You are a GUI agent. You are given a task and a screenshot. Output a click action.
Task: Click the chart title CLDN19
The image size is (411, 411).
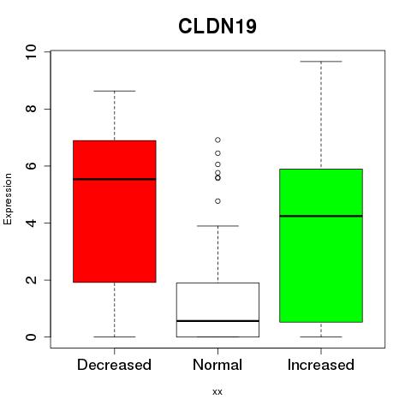(x=217, y=27)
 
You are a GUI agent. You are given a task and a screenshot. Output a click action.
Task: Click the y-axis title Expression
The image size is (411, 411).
(x=8, y=200)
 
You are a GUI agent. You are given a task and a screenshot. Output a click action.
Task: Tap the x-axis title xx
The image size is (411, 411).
(x=217, y=391)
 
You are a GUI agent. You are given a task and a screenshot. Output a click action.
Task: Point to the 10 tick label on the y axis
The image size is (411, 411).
(x=31, y=52)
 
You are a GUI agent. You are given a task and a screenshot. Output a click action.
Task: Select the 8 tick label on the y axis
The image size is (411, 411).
(x=31, y=109)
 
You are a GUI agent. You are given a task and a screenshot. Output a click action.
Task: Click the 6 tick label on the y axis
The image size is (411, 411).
(x=31, y=166)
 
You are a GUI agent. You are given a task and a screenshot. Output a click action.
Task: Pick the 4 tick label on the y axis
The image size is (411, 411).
(x=31, y=223)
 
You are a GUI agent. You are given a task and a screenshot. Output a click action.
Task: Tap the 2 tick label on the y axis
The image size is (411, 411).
(x=31, y=280)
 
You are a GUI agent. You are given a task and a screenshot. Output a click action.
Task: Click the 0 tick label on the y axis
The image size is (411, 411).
(x=31, y=337)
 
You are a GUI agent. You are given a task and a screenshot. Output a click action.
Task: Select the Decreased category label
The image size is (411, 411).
(x=114, y=365)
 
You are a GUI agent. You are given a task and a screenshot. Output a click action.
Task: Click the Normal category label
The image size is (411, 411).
(x=217, y=365)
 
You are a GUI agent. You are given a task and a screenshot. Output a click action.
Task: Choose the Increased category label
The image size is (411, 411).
(x=321, y=365)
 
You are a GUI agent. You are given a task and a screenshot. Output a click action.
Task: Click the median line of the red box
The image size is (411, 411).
(x=115, y=179)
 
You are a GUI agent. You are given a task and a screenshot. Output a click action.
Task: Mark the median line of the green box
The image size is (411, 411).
(x=321, y=216)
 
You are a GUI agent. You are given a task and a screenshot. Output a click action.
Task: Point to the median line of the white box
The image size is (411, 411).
(x=217, y=321)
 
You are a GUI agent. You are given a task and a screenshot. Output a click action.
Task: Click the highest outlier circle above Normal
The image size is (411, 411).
(x=217, y=140)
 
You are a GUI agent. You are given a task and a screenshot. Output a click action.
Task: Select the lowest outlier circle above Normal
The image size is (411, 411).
(x=217, y=201)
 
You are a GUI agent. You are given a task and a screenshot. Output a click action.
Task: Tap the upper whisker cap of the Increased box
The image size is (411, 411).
(x=321, y=62)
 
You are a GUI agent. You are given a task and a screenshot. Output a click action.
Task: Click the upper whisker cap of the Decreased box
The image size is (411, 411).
(x=115, y=91)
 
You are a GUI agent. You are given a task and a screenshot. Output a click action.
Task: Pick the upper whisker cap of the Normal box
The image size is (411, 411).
(x=217, y=226)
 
